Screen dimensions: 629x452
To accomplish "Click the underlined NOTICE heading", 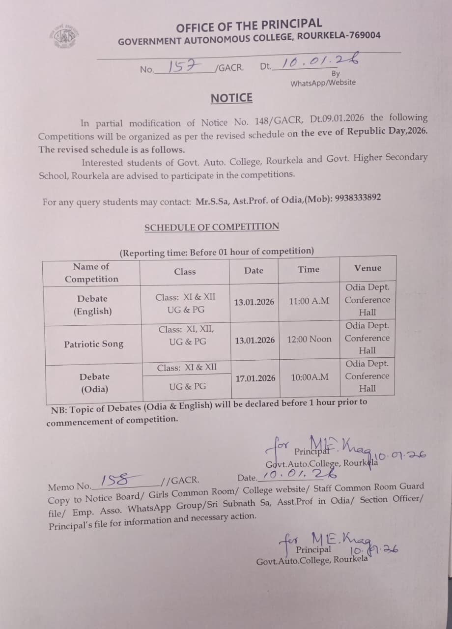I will coord(231,98).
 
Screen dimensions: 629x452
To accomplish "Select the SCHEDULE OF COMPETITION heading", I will coord(212,227).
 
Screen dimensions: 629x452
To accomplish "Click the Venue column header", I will coord(367,268).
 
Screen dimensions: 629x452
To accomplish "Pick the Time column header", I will coord(308,269).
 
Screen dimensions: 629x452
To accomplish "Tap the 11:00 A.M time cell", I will coord(309,301).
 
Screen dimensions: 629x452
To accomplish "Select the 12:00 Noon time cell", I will coord(310,339).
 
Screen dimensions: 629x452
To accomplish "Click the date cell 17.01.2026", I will coord(255,378).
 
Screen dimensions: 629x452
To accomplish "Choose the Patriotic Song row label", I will coord(93,344).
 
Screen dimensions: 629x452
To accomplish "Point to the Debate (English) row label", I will coord(93,305).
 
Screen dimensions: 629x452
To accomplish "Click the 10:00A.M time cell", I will coord(310,377).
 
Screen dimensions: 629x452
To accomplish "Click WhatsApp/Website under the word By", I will coord(323,83).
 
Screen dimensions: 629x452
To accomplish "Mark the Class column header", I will coord(185,271).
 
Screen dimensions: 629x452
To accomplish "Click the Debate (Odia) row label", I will coord(94,383).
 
